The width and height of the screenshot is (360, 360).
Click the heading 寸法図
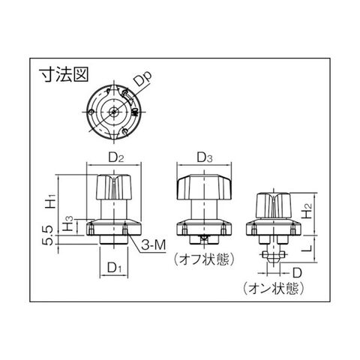pos(64,74)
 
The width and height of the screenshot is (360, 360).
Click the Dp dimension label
pos(142,79)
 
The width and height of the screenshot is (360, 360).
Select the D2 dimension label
pos(116,157)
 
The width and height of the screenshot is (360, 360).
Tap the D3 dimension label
pos(205,157)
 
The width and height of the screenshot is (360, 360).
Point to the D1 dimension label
pos(115,268)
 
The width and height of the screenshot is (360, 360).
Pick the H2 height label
pos(307,211)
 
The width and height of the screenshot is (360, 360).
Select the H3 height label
pos(68,223)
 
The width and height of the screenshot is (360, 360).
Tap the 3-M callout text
pos(153,245)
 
